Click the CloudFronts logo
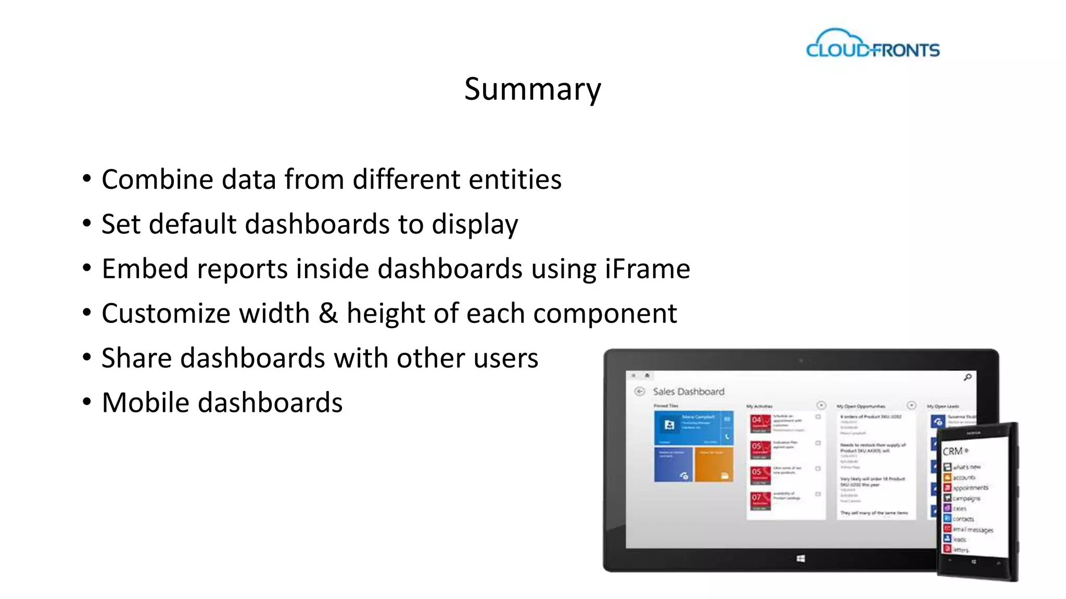coord(873,44)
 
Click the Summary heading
coord(532,89)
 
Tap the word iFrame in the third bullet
coord(648,269)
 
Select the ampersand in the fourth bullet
coord(328,314)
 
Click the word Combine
coord(157,179)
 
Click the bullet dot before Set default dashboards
coord(87,224)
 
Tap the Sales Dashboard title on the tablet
coord(688,392)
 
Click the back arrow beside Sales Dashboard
coord(640,392)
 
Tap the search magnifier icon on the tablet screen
coord(967,377)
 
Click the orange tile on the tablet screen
coord(714,464)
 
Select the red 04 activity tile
coord(760,424)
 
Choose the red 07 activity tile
coord(760,501)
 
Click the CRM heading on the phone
coord(953,451)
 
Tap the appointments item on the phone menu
coord(970,488)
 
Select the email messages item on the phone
coord(972,529)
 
